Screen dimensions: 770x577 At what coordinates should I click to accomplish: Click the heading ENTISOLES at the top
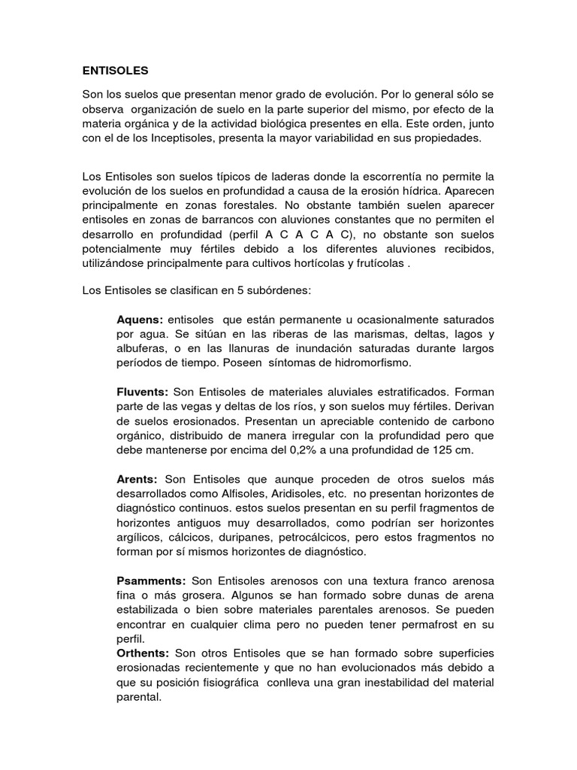point(116,71)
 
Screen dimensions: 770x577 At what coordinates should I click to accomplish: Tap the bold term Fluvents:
point(143,393)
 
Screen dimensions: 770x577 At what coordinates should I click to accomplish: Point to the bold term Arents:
point(137,479)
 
